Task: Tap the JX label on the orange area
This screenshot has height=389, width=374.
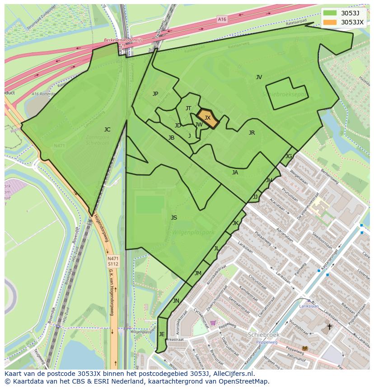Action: coord(207,118)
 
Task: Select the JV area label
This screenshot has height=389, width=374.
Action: coord(259,77)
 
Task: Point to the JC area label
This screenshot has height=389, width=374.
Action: coord(107,130)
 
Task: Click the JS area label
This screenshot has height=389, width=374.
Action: coord(174,218)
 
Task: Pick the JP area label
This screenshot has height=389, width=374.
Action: coord(155,94)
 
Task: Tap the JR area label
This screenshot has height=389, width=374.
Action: coord(252,133)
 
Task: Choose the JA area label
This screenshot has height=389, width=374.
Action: coord(235,173)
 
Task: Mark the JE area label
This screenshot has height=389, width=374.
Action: coord(162,334)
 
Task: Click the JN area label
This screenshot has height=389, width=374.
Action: coord(176,301)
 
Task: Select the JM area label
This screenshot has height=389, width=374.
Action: coord(198,273)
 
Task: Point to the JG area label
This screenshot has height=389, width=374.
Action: coord(289,156)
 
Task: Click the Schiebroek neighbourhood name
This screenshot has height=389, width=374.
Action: coord(264,335)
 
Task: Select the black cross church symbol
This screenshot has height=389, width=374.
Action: coord(329,326)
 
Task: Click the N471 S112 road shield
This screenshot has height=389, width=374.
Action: coord(112,261)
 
